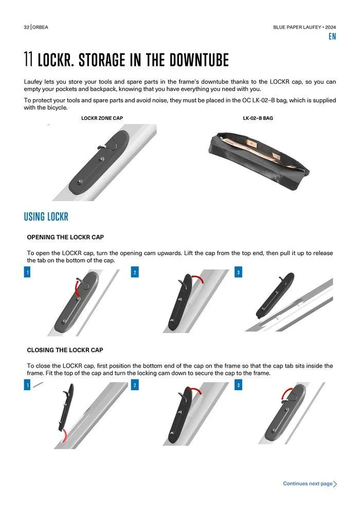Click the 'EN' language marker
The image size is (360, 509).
(x=332, y=37)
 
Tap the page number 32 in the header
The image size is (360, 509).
(x=27, y=27)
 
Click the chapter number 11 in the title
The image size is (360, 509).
(x=28, y=59)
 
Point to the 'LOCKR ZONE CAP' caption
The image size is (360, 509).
(x=102, y=118)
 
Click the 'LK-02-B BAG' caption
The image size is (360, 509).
(x=258, y=118)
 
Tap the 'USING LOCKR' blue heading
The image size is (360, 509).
(x=46, y=217)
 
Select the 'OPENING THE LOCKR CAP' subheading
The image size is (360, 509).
(x=65, y=238)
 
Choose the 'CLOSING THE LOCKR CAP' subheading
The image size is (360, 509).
(x=65, y=350)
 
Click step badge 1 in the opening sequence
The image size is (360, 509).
(x=27, y=272)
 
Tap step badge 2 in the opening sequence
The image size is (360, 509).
(x=135, y=272)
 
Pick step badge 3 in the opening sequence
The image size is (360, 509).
(x=238, y=272)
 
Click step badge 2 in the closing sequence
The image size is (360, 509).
(x=135, y=385)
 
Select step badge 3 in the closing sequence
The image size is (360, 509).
(x=238, y=385)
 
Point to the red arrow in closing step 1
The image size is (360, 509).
(x=65, y=435)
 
